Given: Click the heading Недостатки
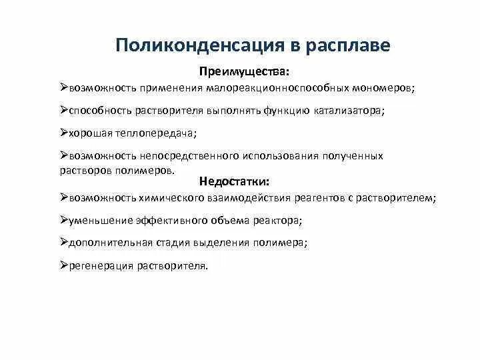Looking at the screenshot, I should tap(234, 181).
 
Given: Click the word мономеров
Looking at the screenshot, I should tap(386, 88).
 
